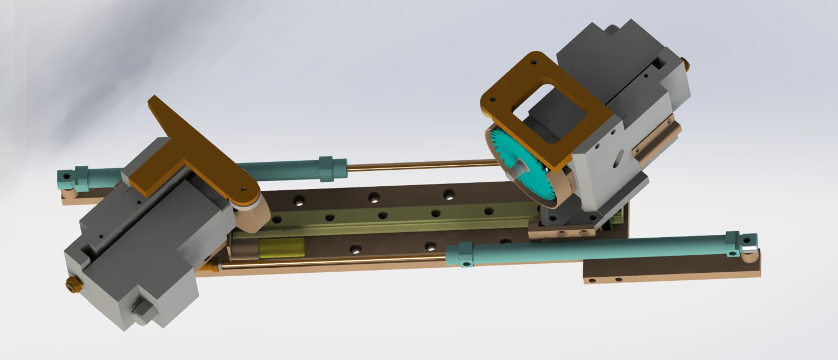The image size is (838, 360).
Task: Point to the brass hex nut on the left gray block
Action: coord(72,284)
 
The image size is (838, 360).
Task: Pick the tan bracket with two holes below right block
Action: coord(561,231)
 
